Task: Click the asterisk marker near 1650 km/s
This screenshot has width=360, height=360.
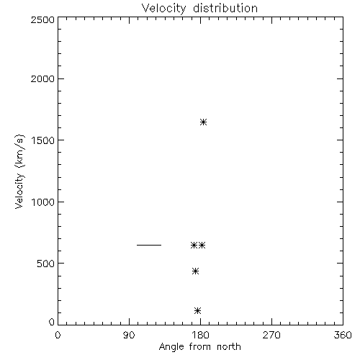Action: [x=203, y=122]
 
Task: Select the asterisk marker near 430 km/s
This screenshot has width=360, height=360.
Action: [x=195, y=271]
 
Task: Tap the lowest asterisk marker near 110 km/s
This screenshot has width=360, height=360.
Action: [x=197, y=311]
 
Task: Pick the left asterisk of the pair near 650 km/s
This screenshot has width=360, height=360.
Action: [x=194, y=246]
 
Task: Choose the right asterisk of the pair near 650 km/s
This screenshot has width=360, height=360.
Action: [x=202, y=246]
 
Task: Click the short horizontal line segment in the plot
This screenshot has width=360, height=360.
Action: [x=149, y=245]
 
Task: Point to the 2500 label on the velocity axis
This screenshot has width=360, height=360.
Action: [x=42, y=19]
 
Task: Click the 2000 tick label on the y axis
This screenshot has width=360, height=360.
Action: [x=42, y=78]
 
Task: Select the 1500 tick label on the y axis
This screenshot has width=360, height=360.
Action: [x=43, y=140]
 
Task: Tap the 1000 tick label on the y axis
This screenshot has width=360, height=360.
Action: [x=43, y=202]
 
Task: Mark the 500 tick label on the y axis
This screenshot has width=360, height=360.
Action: [x=46, y=264]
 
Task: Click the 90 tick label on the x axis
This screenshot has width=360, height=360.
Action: [x=129, y=335]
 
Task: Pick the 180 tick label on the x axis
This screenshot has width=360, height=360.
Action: [x=200, y=335]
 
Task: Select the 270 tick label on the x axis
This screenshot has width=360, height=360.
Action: [x=271, y=335]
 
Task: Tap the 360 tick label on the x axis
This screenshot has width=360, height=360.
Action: [x=343, y=335]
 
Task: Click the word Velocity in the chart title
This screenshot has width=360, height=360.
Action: [x=163, y=9]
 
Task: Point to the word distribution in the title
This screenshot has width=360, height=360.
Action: [x=225, y=8]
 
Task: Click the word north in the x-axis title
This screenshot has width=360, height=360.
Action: [x=229, y=347]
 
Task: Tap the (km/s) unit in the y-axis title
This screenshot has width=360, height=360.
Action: [x=19, y=151]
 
